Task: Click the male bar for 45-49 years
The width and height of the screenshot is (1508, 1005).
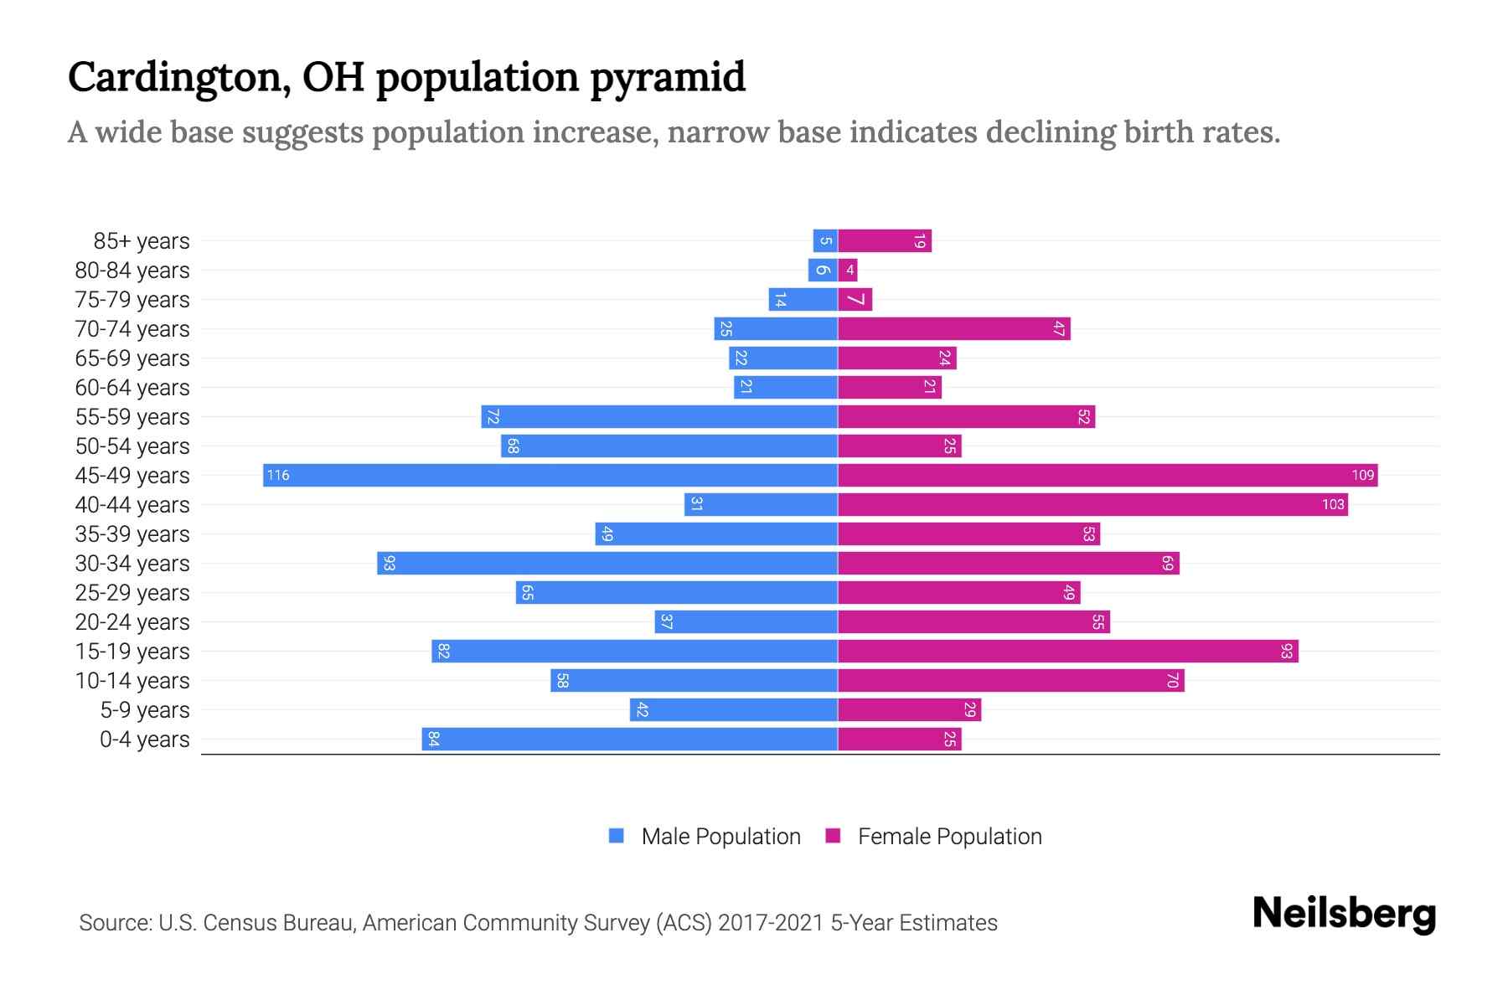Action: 550,475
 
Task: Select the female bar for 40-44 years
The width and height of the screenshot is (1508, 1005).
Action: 1092,504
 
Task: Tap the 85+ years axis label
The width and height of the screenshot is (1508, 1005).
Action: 141,241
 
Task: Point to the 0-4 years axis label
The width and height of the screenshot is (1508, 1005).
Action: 144,740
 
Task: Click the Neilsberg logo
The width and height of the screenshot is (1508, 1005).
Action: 1344,914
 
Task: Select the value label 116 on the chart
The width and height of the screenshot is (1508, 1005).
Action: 277,475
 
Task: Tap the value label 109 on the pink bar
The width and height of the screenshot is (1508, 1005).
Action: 1362,475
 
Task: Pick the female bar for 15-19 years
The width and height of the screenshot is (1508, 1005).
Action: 1068,651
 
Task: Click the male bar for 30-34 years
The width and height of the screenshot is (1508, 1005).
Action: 607,563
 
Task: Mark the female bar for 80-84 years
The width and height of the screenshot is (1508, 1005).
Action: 848,270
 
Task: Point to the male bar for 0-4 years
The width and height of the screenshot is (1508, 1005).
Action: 629,739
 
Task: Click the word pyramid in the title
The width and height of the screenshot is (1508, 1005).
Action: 667,78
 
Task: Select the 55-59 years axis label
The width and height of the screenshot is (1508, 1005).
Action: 132,417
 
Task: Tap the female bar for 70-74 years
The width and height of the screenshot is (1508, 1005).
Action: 954,328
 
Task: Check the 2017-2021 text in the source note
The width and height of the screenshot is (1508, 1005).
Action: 771,923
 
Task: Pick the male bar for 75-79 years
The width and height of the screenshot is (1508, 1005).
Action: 803,299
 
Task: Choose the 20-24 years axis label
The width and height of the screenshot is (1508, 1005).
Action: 132,622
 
